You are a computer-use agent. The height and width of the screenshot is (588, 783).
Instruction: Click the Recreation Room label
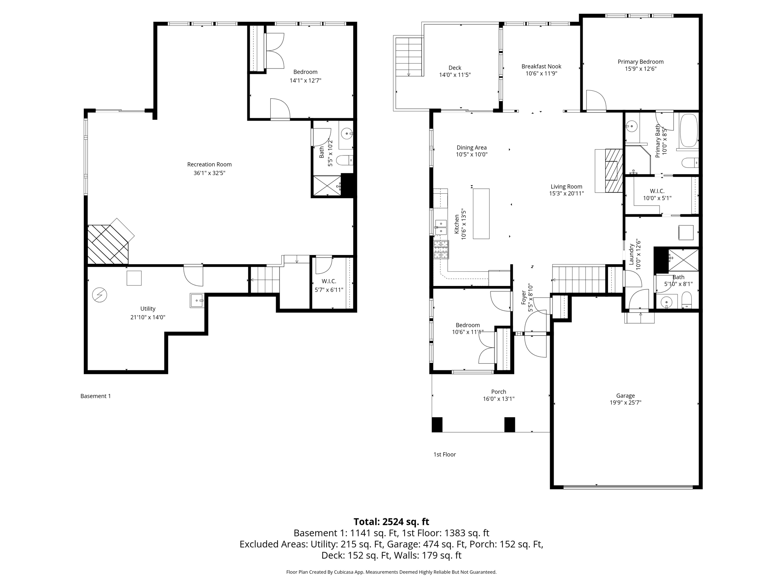coord(209,164)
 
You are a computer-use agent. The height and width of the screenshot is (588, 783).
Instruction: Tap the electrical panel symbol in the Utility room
coord(100,295)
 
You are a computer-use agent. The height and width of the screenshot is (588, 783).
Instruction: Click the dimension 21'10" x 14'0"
coord(148,317)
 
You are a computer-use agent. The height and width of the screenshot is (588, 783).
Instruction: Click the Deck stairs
coord(409,57)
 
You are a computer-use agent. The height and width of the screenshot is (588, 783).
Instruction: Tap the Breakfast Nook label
coord(541,66)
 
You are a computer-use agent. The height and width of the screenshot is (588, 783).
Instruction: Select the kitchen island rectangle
coord(481,214)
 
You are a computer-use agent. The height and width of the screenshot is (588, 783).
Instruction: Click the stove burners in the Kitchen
coord(441,250)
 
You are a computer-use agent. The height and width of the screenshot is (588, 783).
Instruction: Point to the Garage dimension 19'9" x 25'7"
coord(625,402)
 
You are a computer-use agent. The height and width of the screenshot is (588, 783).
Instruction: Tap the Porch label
coord(498,392)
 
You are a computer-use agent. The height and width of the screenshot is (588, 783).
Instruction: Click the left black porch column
coord(437,425)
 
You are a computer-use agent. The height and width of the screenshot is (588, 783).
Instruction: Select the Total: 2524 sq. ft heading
coord(391,521)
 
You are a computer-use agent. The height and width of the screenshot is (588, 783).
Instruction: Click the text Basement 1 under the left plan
coord(96,396)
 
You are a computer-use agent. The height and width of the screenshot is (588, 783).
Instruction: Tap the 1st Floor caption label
coord(444,454)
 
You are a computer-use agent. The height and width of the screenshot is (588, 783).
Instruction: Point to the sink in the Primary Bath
coord(632,126)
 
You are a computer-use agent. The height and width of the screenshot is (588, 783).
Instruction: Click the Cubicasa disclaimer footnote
coord(391,572)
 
